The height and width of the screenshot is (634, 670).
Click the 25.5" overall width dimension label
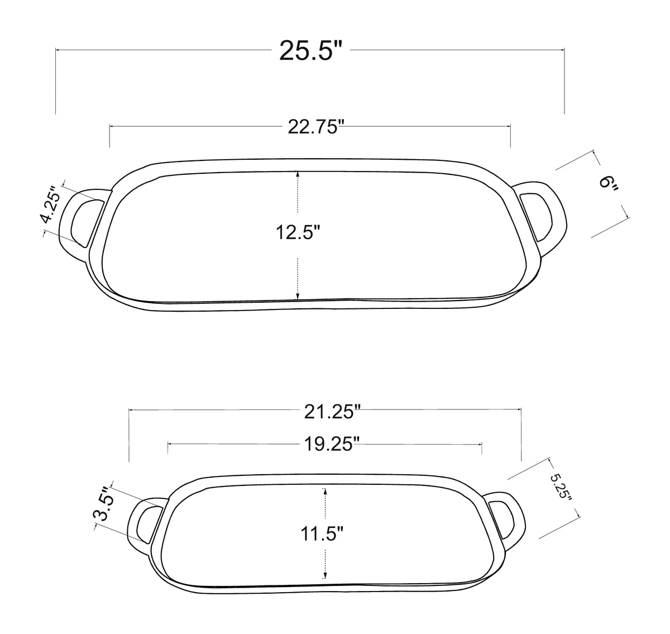pyautogui.click(x=310, y=51)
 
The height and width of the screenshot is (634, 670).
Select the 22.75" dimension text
pyautogui.click(x=314, y=127)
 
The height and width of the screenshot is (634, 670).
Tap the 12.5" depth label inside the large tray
pyautogui.click(x=298, y=232)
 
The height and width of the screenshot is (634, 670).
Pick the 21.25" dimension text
pyautogui.click(x=332, y=412)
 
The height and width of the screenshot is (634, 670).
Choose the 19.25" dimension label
pyautogui.click(x=332, y=444)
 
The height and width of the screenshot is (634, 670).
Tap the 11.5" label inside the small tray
pyautogui.click(x=322, y=534)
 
